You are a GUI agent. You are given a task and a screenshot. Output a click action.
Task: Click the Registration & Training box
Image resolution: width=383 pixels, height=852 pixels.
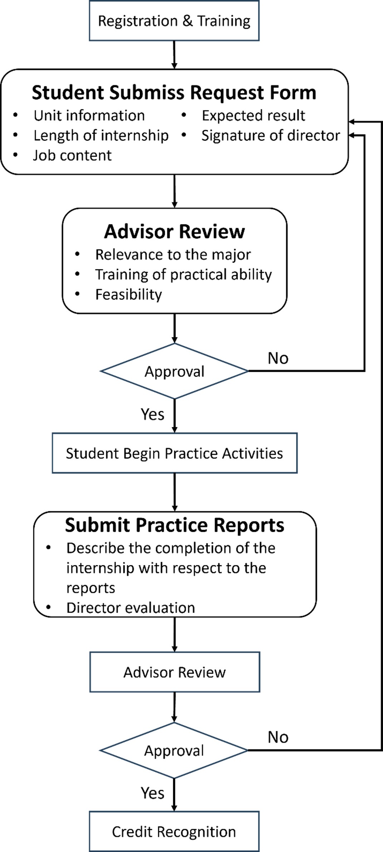click(x=174, y=21)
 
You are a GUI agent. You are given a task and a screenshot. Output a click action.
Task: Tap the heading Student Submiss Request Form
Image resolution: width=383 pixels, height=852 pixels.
click(x=174, y=92)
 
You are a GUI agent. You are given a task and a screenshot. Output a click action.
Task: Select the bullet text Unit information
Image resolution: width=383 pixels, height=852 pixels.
click(x=89, y=116)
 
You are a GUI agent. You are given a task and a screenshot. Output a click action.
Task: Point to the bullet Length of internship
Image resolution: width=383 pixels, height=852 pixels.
click(x=101, y=136)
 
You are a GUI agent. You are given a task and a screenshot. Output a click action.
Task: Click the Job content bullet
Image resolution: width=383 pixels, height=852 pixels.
click(x=72, y=156)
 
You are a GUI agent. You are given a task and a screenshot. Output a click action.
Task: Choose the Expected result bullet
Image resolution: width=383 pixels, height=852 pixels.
click(x=253, y=116)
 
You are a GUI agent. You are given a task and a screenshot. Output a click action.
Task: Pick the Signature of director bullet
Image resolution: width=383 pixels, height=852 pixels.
click(x=271, y=136)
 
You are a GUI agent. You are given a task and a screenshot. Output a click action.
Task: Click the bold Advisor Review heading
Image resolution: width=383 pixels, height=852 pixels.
click(x=174, y=232)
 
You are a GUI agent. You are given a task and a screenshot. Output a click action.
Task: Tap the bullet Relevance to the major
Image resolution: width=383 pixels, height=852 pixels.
click(x=173, y=255)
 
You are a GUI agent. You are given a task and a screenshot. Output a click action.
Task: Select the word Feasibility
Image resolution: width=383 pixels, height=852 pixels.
click(x=129, y=294)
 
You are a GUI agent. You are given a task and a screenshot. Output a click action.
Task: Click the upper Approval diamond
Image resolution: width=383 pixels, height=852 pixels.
click(x=174, y=371)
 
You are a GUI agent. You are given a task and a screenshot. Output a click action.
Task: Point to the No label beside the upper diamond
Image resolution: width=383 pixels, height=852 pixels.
click(x=278, y=358)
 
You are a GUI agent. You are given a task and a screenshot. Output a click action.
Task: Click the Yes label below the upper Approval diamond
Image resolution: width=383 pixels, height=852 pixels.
click(x=152, y=414)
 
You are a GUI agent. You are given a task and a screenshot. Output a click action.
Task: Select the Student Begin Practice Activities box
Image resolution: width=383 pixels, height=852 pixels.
click(x=174, y=453)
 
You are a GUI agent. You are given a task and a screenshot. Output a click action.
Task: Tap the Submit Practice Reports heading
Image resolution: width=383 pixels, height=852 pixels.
click(x=174, y=525)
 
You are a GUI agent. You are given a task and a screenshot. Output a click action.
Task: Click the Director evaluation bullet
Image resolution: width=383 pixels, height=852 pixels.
click(x=131, y=608)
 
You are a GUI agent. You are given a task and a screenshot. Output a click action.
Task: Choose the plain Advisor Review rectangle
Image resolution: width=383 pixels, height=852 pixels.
click(x=174, y=672)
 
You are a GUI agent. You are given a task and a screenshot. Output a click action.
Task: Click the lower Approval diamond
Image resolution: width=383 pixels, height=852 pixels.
click(x=174, y=751)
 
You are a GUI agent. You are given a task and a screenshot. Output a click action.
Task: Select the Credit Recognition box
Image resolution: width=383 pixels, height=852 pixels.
click(x=174, y=832)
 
